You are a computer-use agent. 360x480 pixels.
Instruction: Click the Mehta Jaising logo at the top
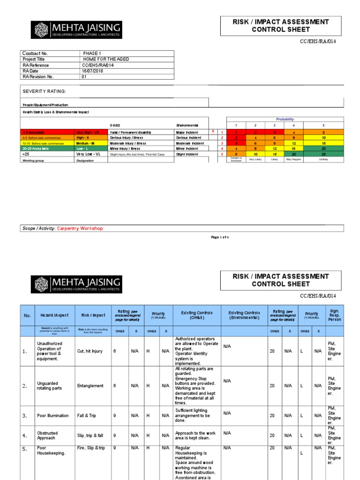pos(76,30)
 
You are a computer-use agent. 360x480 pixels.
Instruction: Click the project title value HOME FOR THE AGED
pos(105,59)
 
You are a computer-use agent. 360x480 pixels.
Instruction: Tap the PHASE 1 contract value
pos(92,53)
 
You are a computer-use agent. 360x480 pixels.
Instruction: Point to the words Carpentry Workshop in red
pos(80,228)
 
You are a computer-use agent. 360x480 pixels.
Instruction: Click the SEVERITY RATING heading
pos(45,91)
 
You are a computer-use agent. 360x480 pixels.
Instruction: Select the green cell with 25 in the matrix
pos(323,154)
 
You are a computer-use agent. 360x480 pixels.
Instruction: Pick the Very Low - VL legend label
pos(89,154)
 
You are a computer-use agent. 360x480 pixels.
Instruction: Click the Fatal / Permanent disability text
pos(131,132)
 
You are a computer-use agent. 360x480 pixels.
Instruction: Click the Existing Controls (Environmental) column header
pos(244,315)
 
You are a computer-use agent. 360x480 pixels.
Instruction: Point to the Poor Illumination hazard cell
pos(52,415)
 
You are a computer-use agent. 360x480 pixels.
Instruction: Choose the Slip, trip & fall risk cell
pos(91,435)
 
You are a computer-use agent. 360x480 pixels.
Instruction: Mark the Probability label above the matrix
pos(285,120)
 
